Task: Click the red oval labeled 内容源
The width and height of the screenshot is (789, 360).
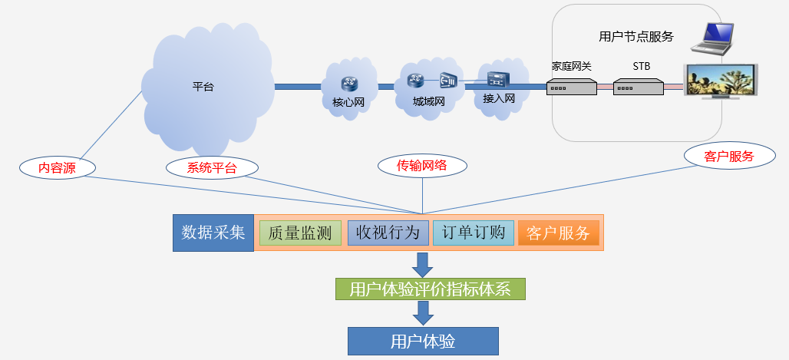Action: coord(58,168)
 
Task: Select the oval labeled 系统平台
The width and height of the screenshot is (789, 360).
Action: coord(212,168)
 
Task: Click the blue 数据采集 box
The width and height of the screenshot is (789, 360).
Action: coord(213,233)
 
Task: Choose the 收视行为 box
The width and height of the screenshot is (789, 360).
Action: coord(388,233)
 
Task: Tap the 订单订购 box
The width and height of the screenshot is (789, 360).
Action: coord(474,233)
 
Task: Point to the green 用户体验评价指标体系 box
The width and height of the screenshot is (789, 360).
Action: coord(431,289)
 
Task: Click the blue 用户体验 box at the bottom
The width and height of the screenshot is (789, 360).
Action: coord(423,341)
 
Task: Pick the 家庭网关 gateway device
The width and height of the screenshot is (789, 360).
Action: coord(572,88)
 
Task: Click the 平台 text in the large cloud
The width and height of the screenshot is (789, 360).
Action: coord(203,87)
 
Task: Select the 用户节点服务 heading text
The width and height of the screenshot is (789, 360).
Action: coord(635,36)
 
